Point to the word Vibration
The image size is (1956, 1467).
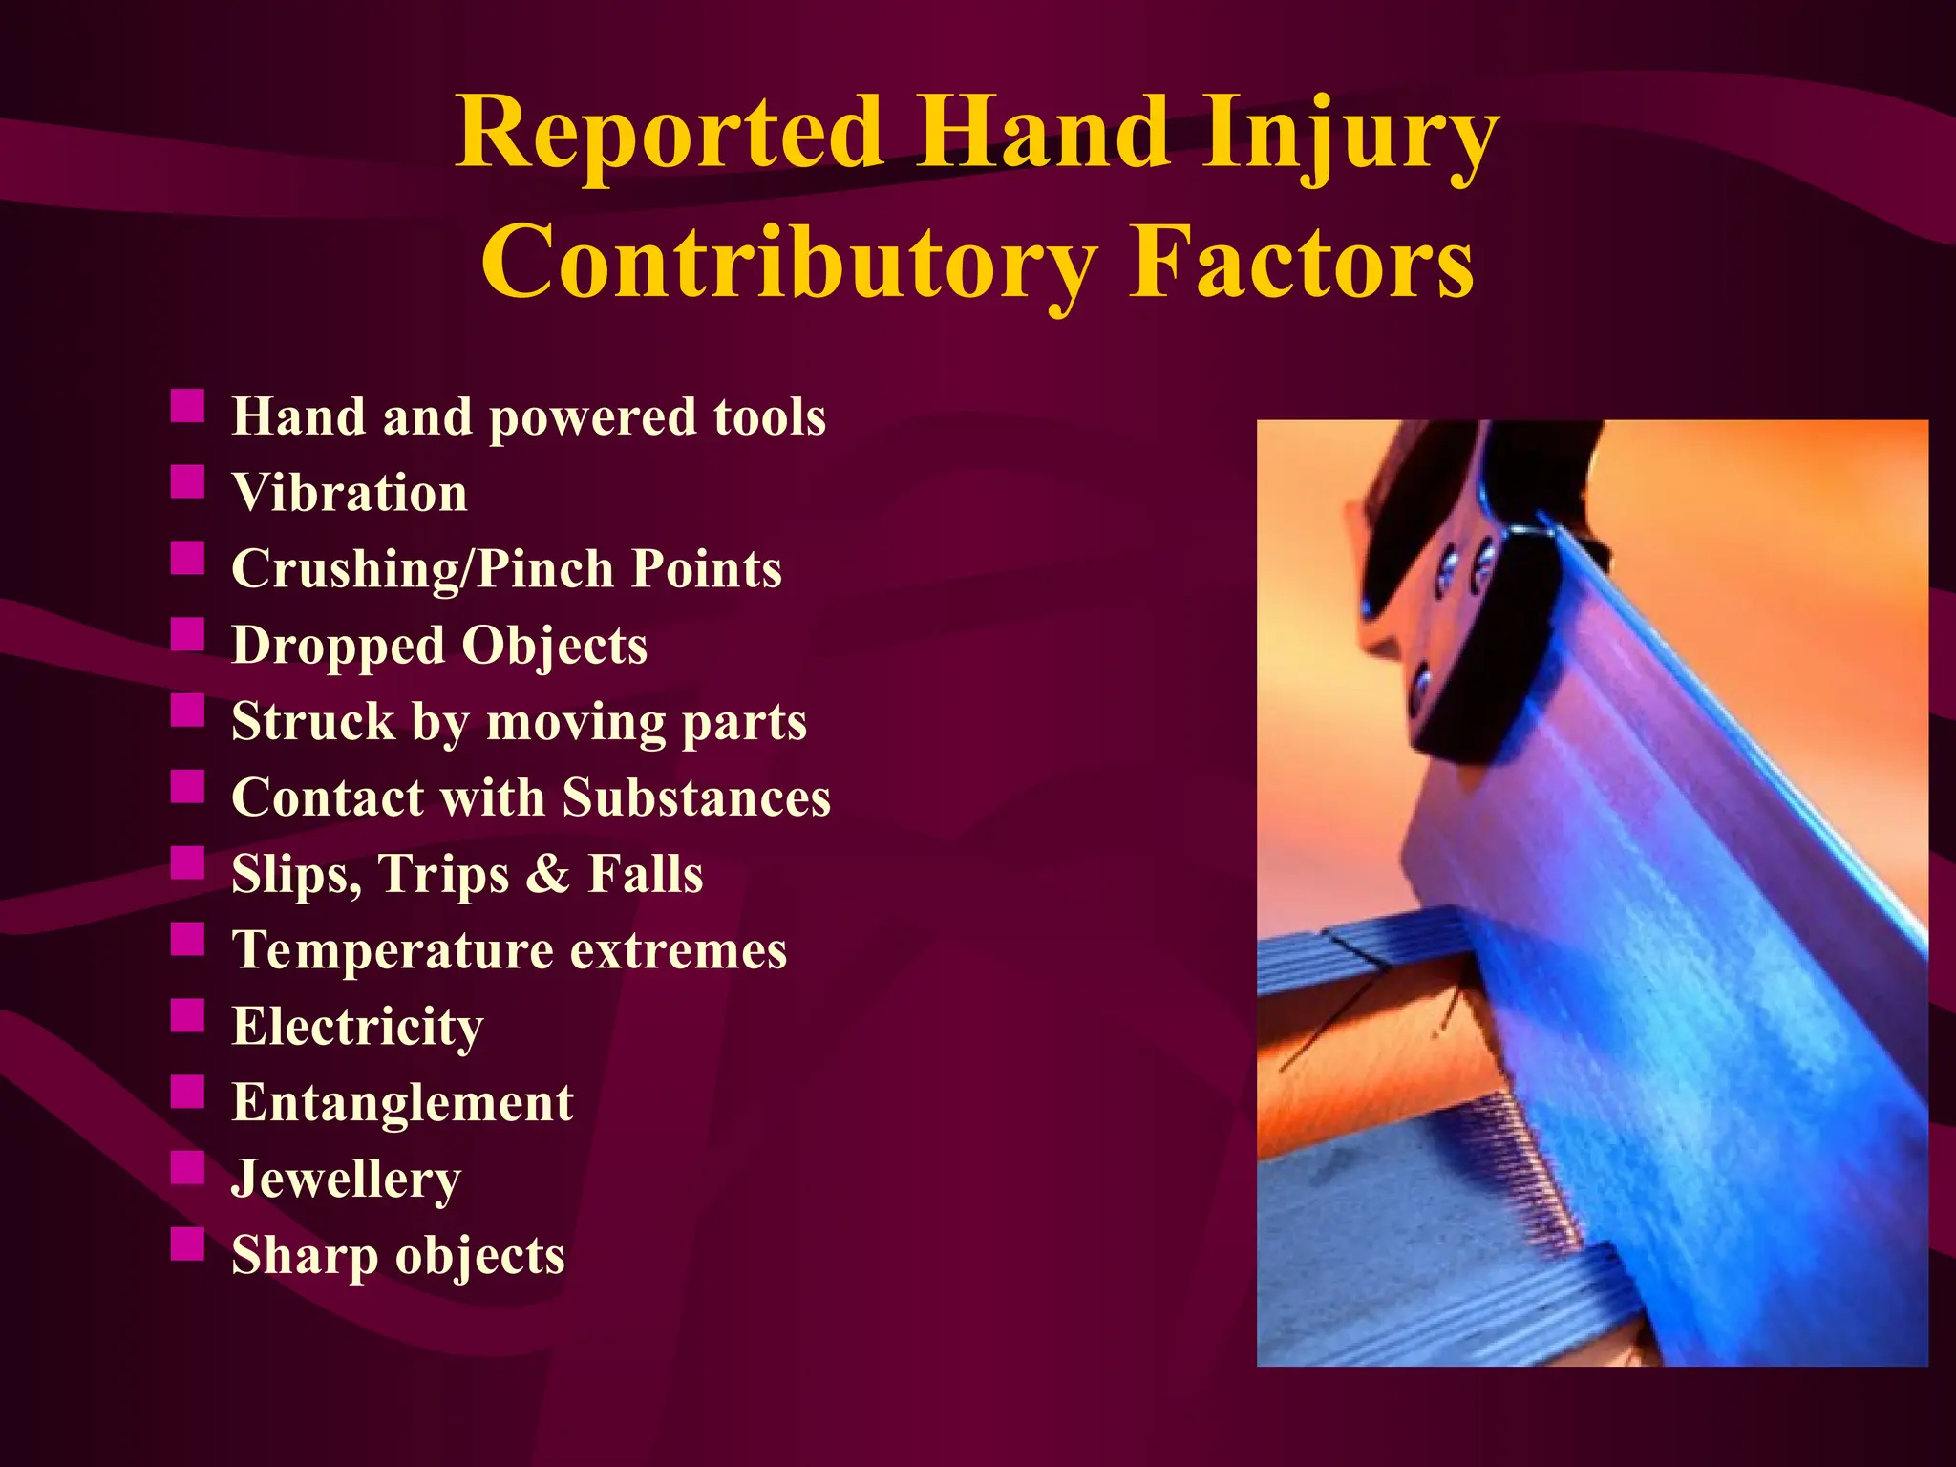pos(350,493)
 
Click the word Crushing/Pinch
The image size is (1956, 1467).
pos(422,569)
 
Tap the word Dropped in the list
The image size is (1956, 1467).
pos(337,646)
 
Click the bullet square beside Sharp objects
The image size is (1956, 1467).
pos(188,1244)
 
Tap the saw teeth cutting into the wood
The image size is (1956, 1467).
pos(1528,1175)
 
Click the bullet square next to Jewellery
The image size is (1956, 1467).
pos(188,1168)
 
